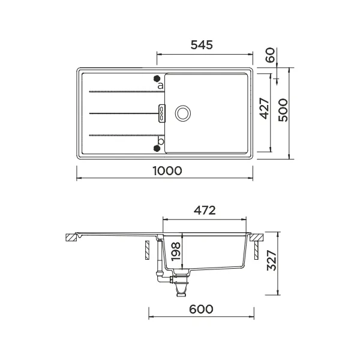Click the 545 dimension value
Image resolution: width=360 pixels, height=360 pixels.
[202, 45]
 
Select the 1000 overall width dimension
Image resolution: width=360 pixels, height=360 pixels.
[167, 170]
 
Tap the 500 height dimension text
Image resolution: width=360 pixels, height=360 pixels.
[284, 112]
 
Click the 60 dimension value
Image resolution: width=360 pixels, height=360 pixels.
[270, 56]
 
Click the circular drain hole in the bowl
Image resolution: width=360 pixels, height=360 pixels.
[182, 112]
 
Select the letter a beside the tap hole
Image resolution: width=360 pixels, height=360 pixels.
[160, 86]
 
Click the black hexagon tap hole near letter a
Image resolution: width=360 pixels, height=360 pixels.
[157, 78]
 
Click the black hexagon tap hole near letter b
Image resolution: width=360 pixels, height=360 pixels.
[157, 148]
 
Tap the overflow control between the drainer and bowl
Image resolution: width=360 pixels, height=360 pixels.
[161, 112]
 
